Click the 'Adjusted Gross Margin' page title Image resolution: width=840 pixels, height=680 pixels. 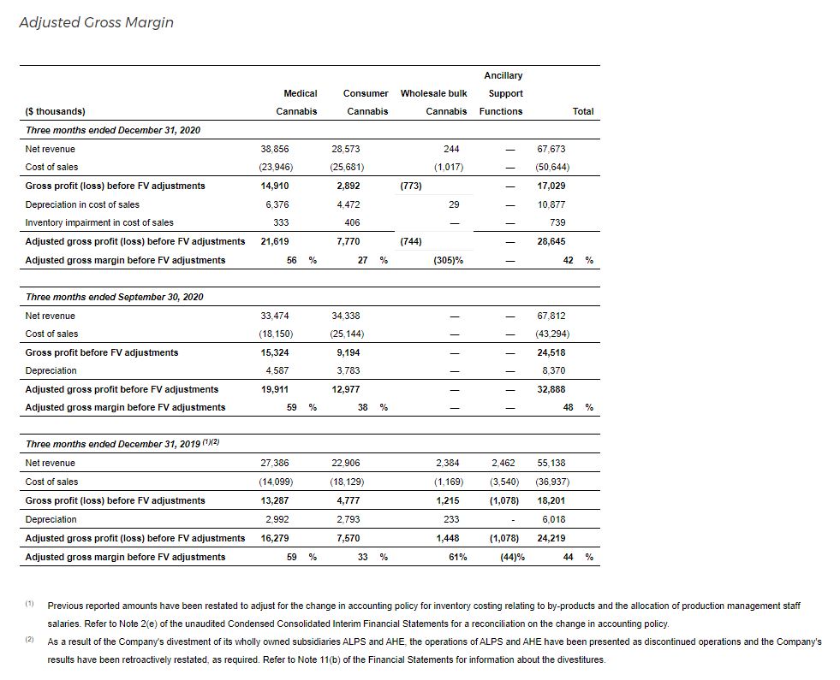[96, 22]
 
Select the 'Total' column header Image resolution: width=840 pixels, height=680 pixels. [582, 111]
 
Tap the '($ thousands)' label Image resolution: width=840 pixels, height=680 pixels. [56, 111]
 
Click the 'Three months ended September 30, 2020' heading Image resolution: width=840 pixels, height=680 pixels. [115, 297]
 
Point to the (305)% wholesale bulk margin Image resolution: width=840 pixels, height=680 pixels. [449, 260]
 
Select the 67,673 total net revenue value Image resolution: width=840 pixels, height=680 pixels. [551, 149]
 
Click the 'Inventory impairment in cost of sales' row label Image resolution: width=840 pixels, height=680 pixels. [99, 222]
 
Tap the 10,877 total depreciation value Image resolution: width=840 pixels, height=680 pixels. [551, 204]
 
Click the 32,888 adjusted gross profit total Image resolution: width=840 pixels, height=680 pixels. [551, 389]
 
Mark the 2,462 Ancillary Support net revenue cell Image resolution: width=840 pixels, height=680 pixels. [504, 463]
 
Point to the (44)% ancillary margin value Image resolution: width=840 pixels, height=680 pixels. [512, 557]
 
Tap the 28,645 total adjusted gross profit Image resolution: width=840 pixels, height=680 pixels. [551, 241]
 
